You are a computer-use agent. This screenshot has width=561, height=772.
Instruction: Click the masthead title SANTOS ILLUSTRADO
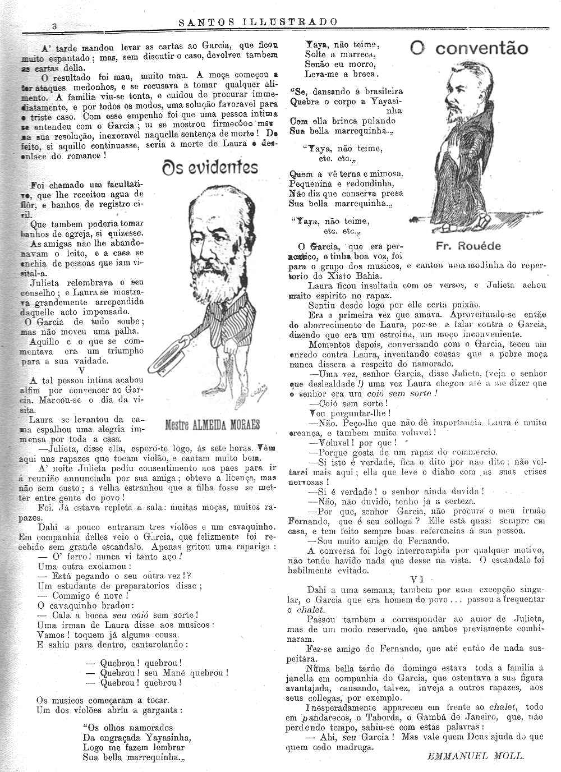(258, 22)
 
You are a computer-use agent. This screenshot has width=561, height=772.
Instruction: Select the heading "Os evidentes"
(210, 167)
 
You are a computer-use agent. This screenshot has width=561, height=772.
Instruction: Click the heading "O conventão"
(469, 49)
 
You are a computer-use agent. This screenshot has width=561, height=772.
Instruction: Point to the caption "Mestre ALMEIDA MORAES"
(213, 425)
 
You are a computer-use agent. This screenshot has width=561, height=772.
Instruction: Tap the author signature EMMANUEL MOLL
(476, 755)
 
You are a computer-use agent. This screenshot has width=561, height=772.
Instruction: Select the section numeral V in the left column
(82, 370)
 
